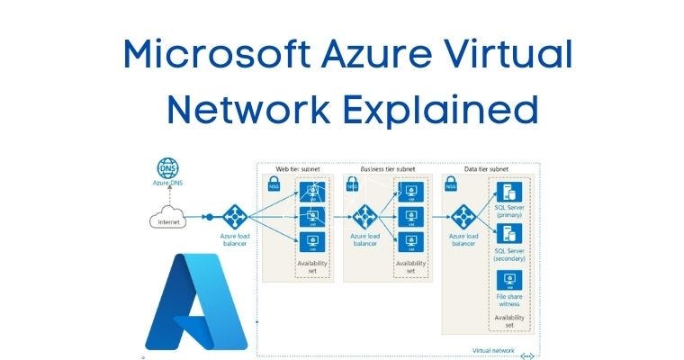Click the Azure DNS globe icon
[x=167, y=168]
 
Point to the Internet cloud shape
[x=168, y=220]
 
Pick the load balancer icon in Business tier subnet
[x=364, y=217]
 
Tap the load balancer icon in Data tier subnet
[x=463, y=217]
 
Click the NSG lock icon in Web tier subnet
[x=274, y=184]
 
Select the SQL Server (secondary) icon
[x=509, y=237]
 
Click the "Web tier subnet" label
[x=297, y=167]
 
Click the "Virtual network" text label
[x=494, y=351]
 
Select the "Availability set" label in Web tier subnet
[x=311, y=267]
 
